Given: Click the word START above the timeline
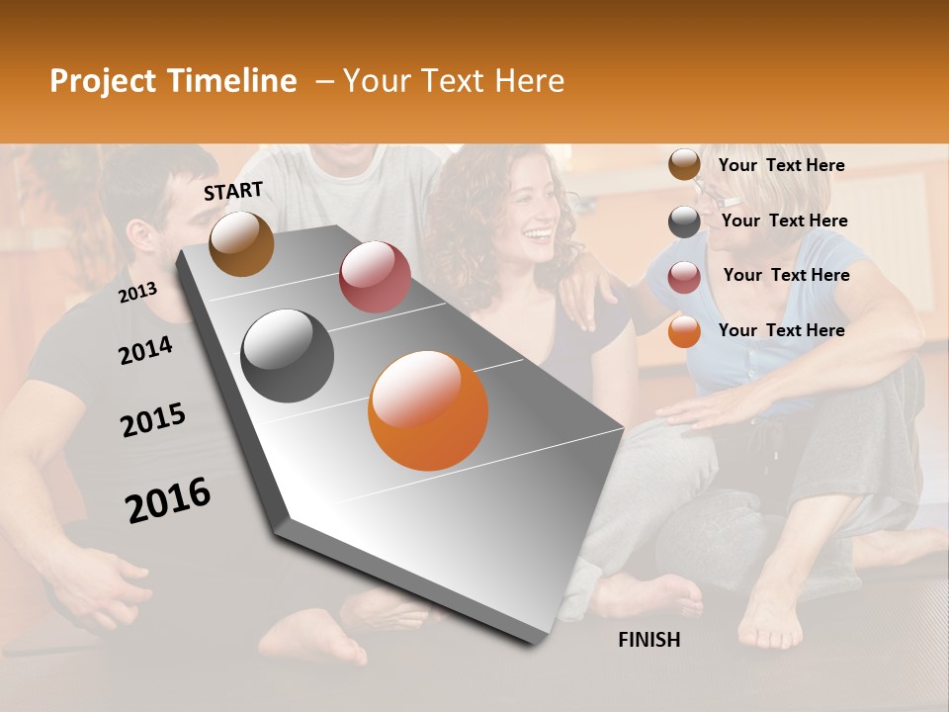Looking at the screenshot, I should tap(233, 191).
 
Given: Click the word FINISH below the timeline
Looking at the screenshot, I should tap(649, 640).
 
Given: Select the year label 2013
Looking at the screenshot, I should tap(137, 293).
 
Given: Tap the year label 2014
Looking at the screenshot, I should tap(145, 351).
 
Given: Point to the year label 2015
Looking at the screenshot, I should tap(153, 420).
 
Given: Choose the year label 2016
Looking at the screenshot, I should tap(168, 500).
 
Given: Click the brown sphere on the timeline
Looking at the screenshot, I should tap(241, 243).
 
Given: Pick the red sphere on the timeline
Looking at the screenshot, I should tap(375, 277).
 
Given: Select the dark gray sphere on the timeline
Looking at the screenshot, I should tap(288, 356).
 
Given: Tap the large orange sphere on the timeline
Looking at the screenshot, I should tap(428, 410).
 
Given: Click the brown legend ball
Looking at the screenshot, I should tap(684, 165).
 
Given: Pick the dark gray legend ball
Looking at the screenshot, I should tap(684, 222).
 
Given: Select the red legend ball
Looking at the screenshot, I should tap(684, 277).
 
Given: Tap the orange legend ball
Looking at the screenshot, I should tap(684, 331).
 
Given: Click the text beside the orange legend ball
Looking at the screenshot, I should tap(781, 330).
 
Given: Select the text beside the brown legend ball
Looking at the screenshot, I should tap(781, 165).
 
